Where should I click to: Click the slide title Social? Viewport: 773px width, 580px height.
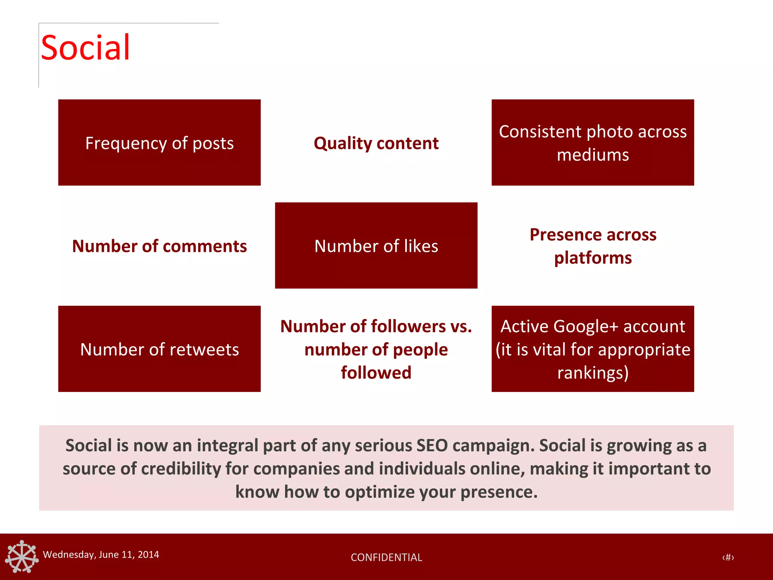(85, 48)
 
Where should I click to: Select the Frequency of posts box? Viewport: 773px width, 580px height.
(159, 143)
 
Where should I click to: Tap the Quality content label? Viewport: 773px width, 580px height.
(376, 143)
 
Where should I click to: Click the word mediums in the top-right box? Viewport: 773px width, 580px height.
(593, 155)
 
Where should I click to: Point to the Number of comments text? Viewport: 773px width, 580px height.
(159, 246)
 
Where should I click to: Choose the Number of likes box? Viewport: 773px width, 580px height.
(376, 246)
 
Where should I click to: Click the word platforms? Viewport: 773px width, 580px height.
(593, 258)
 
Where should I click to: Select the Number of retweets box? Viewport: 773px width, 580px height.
(159, 349)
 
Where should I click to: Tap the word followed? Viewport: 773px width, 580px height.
(376, 373)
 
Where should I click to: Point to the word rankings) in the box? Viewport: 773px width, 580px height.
(593, 373)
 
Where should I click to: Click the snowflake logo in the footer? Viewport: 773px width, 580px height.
(22, 557)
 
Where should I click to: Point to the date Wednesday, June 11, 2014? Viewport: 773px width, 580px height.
(101, 555)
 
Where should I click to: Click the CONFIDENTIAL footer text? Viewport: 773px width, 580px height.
(386, 557)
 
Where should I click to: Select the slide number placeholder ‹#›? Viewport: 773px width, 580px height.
(728, 557)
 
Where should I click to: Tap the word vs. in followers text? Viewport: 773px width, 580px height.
(461, 326)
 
